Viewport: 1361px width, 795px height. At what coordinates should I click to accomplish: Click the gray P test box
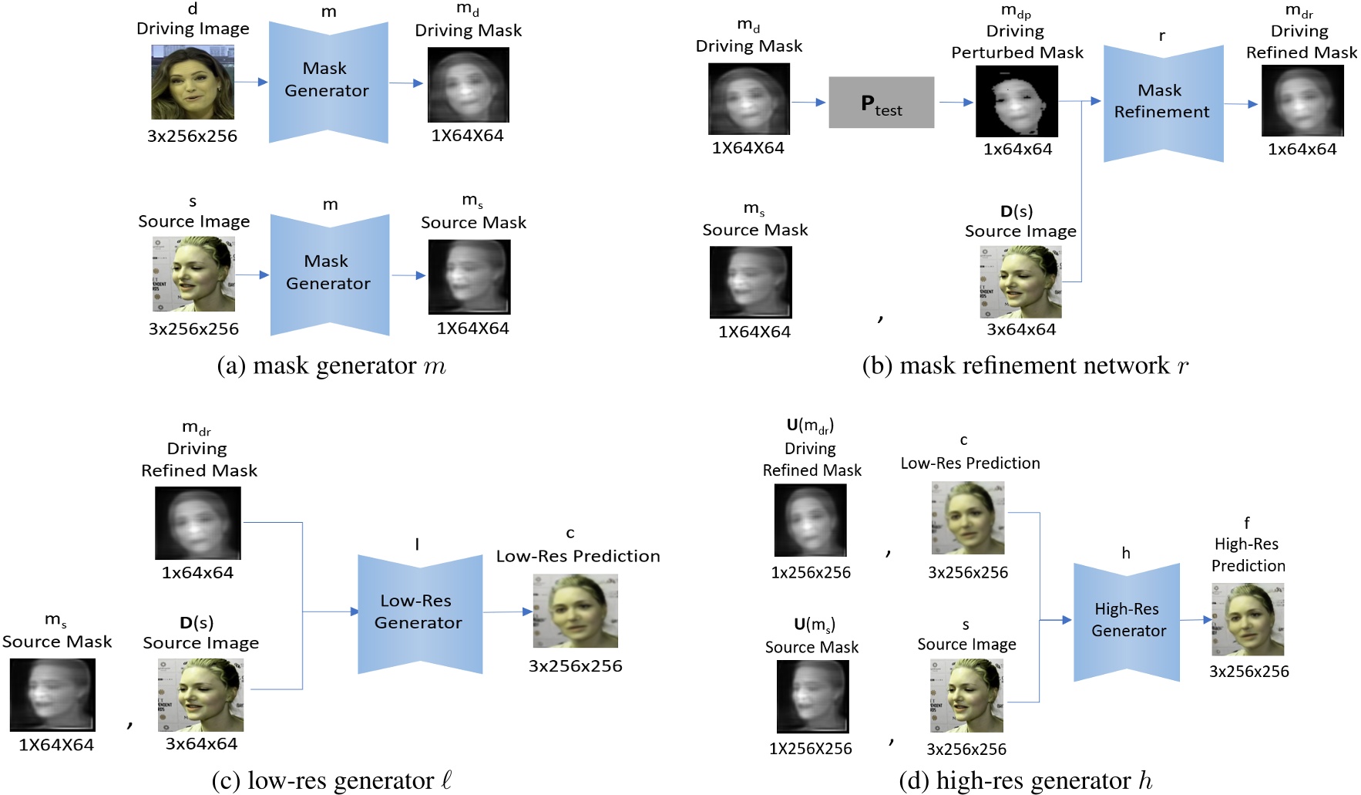pos(881,103)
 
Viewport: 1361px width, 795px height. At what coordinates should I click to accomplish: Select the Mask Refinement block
pos(1162,103)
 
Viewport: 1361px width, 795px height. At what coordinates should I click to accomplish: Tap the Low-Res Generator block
pos(419,612)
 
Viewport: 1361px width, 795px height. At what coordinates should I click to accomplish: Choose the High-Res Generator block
pos(1126,620)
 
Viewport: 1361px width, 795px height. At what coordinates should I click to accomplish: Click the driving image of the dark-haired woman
pos(193,83)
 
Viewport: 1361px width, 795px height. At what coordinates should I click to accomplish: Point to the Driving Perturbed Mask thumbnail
pos(1017,101)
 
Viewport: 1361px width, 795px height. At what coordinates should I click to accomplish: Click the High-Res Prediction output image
pos(1248,620)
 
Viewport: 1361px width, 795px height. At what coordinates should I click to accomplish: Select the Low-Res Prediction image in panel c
pos(575,611)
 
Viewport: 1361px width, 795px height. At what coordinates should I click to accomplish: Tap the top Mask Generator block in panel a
pos(328,81)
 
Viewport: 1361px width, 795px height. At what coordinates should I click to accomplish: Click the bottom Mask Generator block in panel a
pos(329,274)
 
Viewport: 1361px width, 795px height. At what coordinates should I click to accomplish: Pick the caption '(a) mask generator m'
pos(331,365)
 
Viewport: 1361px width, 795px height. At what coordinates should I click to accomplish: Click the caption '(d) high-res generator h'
pos(1025,780)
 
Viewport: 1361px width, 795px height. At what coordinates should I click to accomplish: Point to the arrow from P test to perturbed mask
pos(955,102)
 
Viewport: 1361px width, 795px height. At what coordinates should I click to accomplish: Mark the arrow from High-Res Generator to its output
pos(1196,619)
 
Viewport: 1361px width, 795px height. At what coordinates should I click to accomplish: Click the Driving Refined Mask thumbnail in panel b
pos(1302,101)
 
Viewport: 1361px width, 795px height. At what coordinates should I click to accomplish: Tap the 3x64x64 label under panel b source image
pos(1020,329)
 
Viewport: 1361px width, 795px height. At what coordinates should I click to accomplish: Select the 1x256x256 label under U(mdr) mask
pos(811,572)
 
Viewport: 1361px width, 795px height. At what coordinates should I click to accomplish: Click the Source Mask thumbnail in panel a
pos(469,277)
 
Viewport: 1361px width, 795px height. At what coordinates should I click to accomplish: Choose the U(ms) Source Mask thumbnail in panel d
pos(812,696)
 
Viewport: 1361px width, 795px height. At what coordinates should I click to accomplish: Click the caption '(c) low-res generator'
pos(331,780)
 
